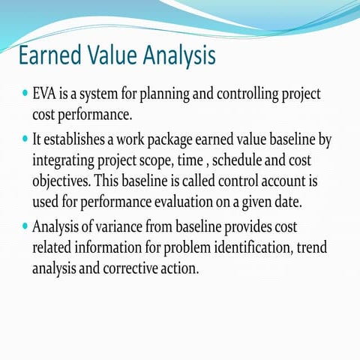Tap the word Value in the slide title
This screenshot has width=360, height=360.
coord(116,56)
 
